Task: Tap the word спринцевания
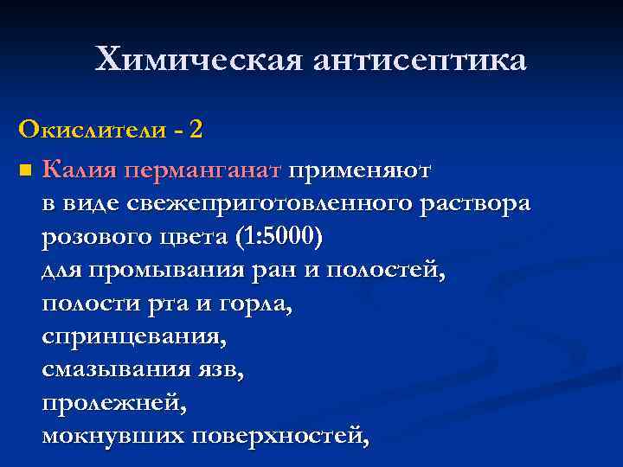pos(134,338)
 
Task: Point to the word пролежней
pos(113,405)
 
